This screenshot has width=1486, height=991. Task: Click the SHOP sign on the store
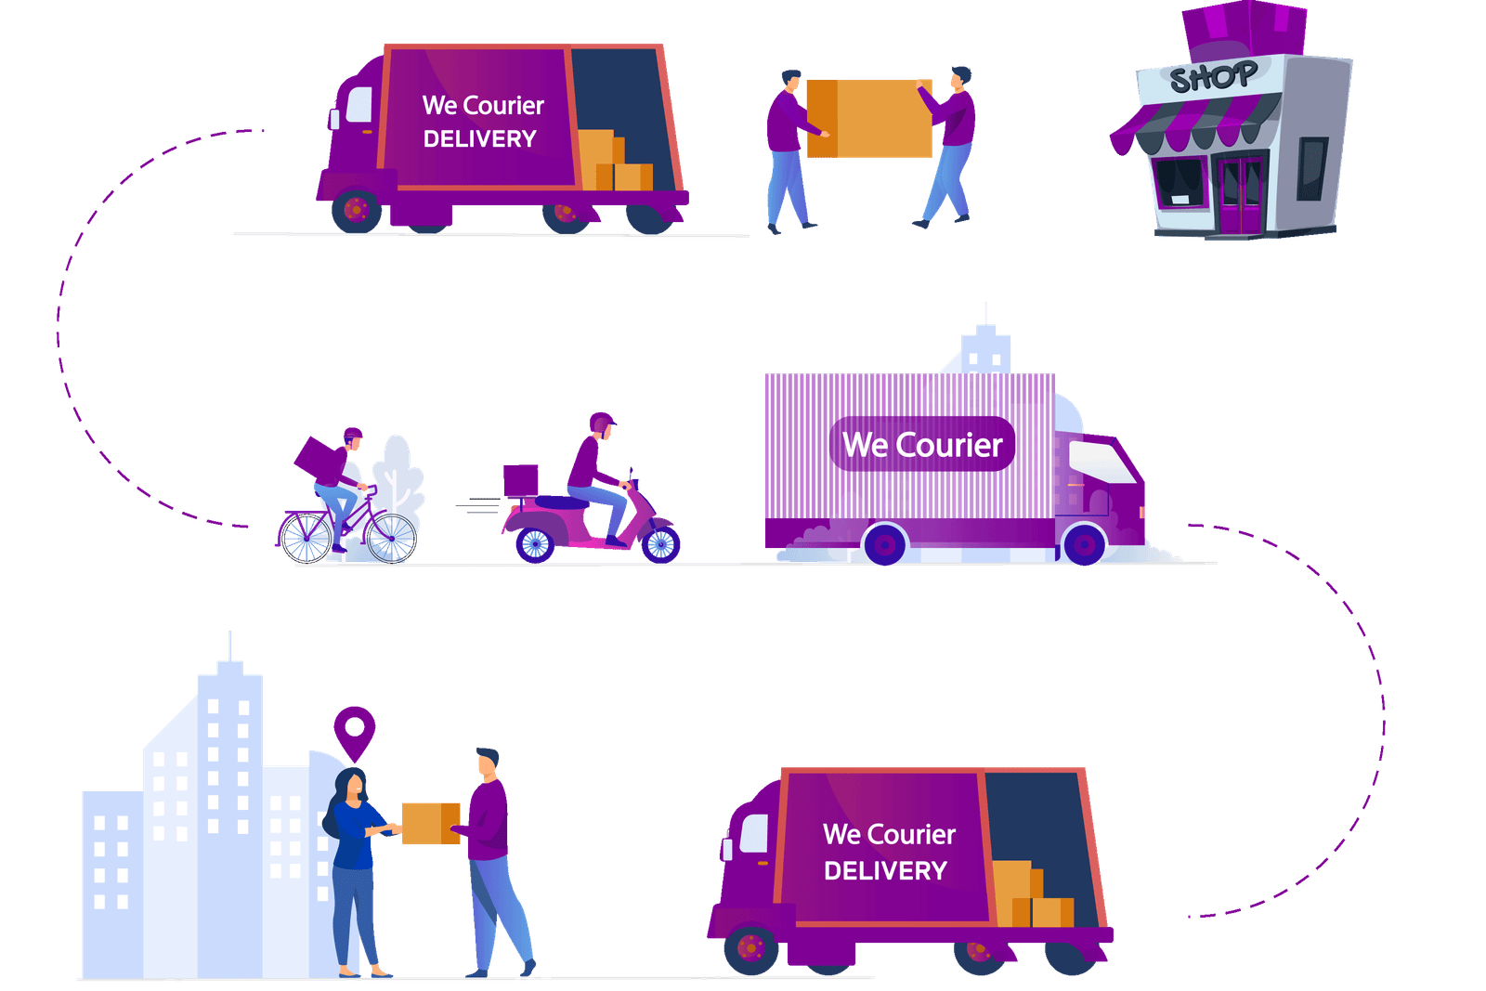pyautogui.click(x=1213, y=77)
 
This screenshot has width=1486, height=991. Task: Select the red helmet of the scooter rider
pyautogui.click(x=603, y=423)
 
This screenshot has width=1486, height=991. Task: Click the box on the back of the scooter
pyautogui.click(x=520, y=481)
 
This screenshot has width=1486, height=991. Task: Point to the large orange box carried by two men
pyautogui.click(x=869, y=119)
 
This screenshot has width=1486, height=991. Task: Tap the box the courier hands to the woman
pyautogui.click(x=430, y=823)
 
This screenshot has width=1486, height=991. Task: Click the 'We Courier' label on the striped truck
pyautogui.click(x=922, y=445)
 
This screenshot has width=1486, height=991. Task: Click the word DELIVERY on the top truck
pyautogui.click(x=480, y=139)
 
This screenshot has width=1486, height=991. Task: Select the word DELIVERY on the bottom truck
pyautogui.click(x=885, y=871)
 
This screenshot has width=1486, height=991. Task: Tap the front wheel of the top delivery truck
pyautogui.click(x=356, y=211)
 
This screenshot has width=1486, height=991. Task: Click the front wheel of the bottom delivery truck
pyautogui.click(x=750, y=948)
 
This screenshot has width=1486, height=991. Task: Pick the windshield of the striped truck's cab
pyautogui.click(x=1102, y=462)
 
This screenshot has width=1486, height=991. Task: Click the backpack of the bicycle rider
pyautogui.click(x=319, y=460)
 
